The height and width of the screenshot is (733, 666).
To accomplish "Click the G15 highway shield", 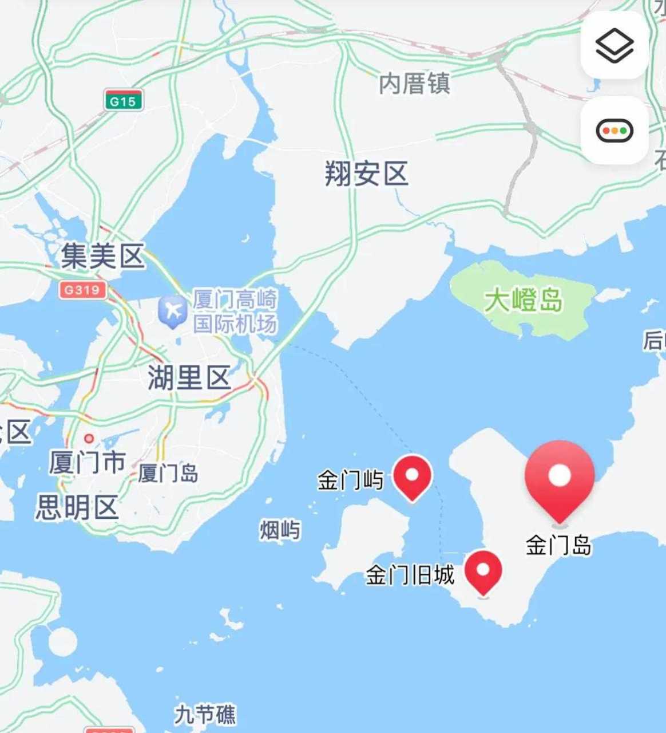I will (123, 101).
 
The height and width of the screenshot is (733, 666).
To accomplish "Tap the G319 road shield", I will (82, 290).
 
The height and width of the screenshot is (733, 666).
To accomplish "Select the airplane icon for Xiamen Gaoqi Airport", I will (173, 311).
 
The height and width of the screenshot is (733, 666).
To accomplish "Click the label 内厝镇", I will (414, 84).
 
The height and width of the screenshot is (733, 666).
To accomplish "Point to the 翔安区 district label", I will (367, 174).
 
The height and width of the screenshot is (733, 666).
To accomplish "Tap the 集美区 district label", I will (103, 256).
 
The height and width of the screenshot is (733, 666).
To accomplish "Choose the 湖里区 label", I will (189, 377).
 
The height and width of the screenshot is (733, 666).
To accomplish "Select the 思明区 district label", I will (77, 507).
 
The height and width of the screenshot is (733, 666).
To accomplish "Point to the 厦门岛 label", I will (168, 474).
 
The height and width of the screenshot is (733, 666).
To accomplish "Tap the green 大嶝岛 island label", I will (523, 301).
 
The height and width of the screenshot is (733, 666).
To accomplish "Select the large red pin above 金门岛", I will (560, 479).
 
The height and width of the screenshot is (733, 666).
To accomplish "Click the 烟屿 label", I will (280, 530).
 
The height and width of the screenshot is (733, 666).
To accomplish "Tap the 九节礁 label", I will (205, 715).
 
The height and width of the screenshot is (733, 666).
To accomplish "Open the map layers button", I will (615, 46).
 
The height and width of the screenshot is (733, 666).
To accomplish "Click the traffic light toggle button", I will (615, 131).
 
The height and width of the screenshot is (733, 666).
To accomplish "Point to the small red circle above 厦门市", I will (89, 439).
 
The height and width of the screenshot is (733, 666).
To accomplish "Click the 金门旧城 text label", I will (410, 575).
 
